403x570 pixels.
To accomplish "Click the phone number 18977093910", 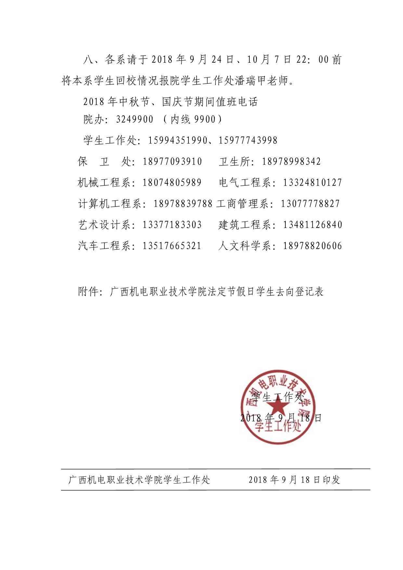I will [172, 162].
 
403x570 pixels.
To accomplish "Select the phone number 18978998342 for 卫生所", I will [291, 162].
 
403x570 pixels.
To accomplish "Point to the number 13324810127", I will [312, 183].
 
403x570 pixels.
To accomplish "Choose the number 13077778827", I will [310, 204].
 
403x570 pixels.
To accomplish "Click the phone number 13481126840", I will [312, 225].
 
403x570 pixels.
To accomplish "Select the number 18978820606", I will [312, 246].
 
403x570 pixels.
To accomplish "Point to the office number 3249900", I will [135, 120].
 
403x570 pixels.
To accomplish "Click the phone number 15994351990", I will [177, 140].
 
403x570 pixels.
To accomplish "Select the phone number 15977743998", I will [248, 140].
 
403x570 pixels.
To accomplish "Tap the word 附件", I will [88, 292].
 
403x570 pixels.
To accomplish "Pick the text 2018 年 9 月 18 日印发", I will [294, 480].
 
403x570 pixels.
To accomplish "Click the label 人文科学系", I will [244, 246].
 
